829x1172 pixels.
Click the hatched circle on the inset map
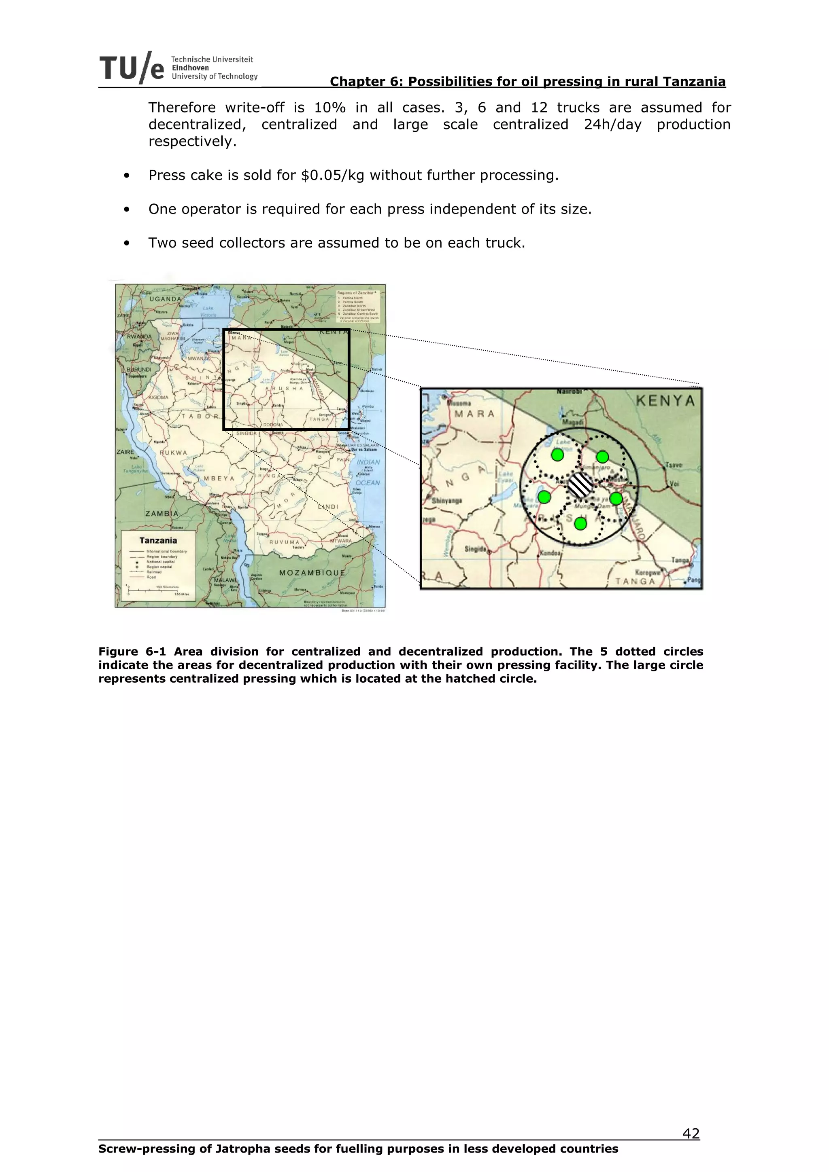pyautogui.click(x=581, y=485)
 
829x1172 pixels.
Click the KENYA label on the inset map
pyautogui.click(x=665, y=401)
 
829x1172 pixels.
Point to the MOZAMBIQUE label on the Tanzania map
pyautogui.click(x=312, y=573)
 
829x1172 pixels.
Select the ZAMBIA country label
pyautogui.click(x=162, y=514)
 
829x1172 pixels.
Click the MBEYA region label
pyautogui.click(x=219, y=479)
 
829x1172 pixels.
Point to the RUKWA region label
pyautogui.click(x=174, y=453)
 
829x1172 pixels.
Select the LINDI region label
pyautogui.click(x=328, y=507)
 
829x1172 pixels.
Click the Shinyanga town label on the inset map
pyautogui.click(x=447, y=501)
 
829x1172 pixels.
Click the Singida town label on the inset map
pyautogui.click(x=476, y=549)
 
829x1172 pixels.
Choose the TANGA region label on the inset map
pyautogui.click(x=635, y=581)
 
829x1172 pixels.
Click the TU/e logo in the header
pyautogui.click(x=132, y=68)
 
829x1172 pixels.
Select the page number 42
pyautogui.click(x=691, y=1134)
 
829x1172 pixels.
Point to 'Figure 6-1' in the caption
pyautogui.click(x=132, y=652)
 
